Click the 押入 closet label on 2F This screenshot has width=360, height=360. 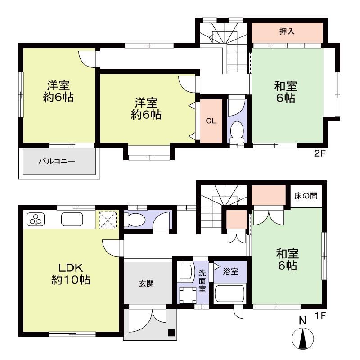pos(287,31)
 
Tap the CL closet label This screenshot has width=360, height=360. pos(211,121)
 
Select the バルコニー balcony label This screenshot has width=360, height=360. pos(57,161)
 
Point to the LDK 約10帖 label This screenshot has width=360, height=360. pos(71,274)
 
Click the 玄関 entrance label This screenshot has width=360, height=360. pos(146,284)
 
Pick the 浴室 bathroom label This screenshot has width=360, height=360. pos(230,272)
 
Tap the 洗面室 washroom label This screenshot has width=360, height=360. pos(202,281)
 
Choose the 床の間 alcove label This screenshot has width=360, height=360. pos(306,196)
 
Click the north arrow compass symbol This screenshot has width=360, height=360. pos(303,333)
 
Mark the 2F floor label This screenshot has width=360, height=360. pos(320,153)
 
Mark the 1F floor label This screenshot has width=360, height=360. pos(320,316)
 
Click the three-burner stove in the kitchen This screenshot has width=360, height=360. pos(36,219)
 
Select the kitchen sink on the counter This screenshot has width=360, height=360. pos(72,219)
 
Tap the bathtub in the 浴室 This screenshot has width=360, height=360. pos(230,293)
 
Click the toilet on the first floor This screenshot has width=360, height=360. pos(135,220)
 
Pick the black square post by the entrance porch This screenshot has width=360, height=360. pos(171,333)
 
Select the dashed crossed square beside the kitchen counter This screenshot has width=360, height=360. pos(108,220)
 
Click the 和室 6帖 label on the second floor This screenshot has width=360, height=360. pos(286,92)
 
